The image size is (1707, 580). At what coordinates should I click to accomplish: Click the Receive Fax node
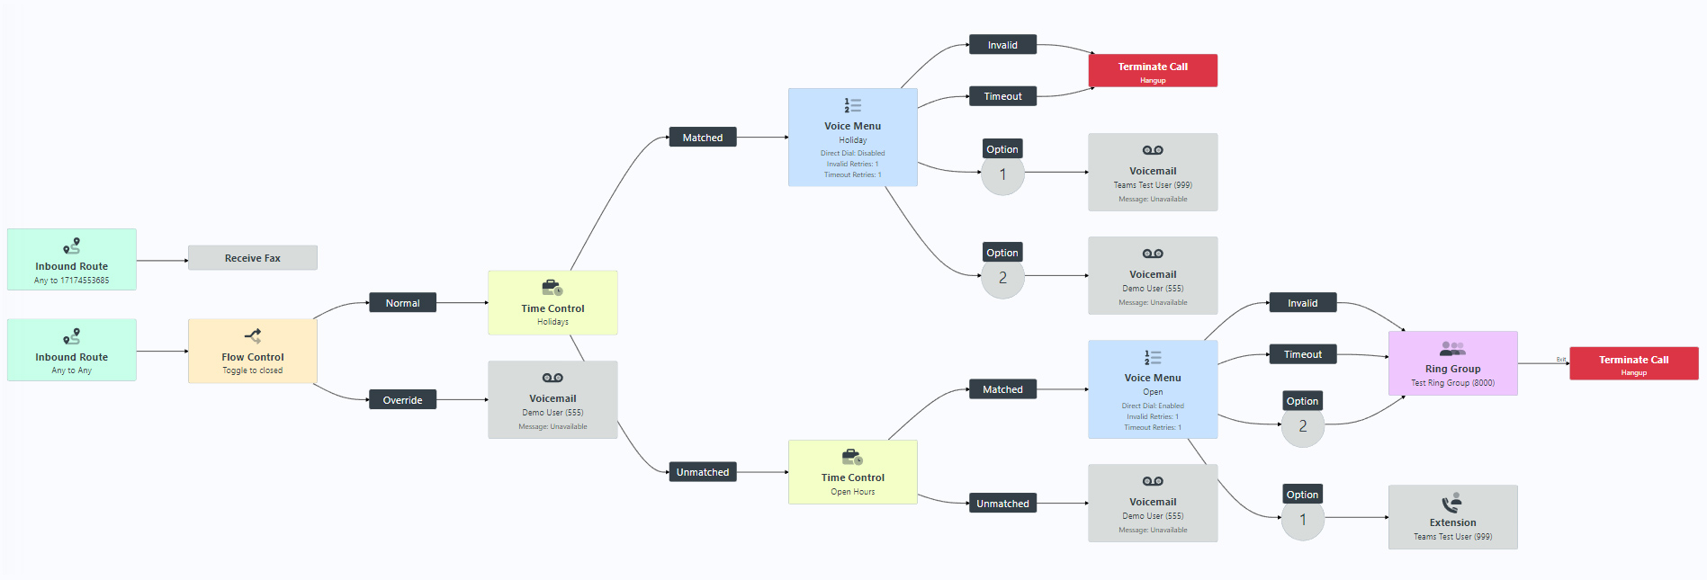click(252, 258)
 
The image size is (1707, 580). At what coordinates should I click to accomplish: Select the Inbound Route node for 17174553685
click(72, 260)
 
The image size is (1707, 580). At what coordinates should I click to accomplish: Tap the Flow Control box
click(252, 351)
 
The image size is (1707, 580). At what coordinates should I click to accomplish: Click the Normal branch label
click(402, 303)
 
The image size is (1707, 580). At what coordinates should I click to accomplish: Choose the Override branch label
click(402, 400)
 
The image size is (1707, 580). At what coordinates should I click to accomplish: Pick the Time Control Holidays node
click(553, 303)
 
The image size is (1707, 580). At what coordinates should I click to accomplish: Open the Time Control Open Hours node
click(852, 472)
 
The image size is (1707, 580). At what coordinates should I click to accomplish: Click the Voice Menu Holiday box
click(852, 138)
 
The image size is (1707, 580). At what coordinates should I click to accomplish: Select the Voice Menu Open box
click(1152, 389)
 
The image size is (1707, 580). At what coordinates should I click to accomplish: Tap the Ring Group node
click(1452, 363)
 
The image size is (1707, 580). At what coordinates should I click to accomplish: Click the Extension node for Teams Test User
click(1452, 517)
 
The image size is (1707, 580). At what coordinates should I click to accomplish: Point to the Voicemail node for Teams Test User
click(1152, 173)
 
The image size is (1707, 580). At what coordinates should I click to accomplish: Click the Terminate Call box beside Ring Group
click(1633, 363)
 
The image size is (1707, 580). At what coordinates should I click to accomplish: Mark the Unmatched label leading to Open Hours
click(703, 472)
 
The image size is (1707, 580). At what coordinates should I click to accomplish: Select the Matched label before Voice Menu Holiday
click(703, 138)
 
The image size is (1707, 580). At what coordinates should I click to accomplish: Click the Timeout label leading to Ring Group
click(1302, 354)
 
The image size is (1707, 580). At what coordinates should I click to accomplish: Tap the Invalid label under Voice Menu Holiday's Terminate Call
click(1002, 45)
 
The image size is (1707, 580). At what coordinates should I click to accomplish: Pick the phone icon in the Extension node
click(1451, 503)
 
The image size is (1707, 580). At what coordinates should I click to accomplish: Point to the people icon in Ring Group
click(1451, 348)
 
